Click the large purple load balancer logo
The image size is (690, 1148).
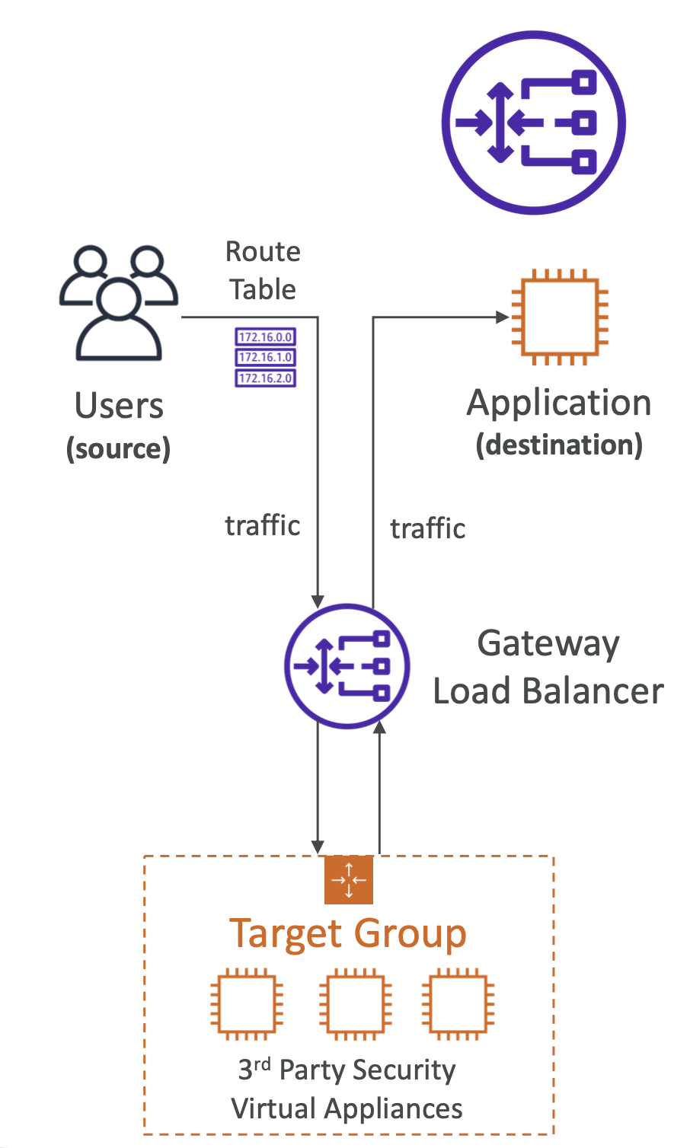(x=533, y=123)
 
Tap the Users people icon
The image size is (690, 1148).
(x=119, y=302)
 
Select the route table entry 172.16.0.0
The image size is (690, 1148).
(x=265, y=336)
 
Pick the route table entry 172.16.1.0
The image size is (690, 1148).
(x=265, y=357)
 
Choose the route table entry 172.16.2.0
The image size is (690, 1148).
(x=265, y=378)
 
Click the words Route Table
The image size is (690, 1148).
(x=263, y=270)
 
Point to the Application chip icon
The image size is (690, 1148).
(x=560, y=317)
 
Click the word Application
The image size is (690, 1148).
(x=559, y=403)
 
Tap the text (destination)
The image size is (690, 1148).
(x=559, y=445)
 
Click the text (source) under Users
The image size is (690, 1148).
(x=119, y=448)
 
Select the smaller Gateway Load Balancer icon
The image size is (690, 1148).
(x=347, y=666)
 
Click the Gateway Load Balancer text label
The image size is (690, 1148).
(x=548, y=667)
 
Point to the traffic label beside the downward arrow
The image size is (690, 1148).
(x=263, y=525)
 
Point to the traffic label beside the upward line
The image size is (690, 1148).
(x=427, y=528)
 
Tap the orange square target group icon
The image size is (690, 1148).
(x=349, y=879)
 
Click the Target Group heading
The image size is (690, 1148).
(x=348, y=933)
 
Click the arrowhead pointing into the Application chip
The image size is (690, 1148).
(x=503, y=317)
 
